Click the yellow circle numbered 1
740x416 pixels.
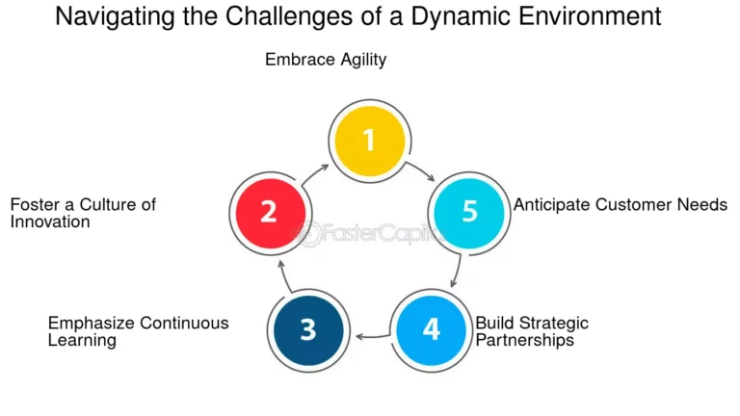pyautogui.click(x=368, y=141)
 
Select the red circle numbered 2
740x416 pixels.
pyautogui.click(x=270, y=211)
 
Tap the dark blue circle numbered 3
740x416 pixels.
pyautogui.click(x=307, y=329)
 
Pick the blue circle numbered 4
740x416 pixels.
pyautogui.click(x=431, y=329)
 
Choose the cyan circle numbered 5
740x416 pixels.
pyautogui.click(x=469, y=211)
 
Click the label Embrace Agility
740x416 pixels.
pyautogui.click(x=326, y=60)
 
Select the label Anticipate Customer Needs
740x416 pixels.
pyautogui.click(x=620, y=204)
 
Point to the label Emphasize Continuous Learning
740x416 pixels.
pyautogui.click(x=138, y=330)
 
